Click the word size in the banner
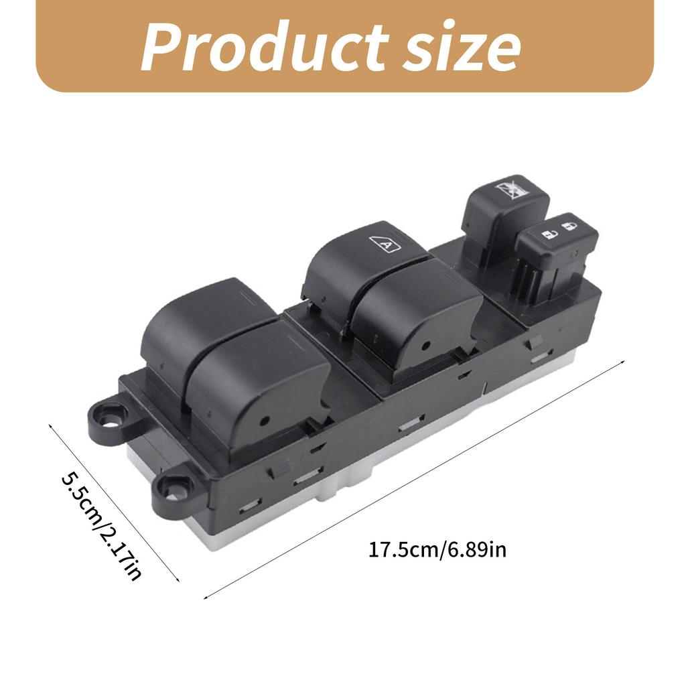(462, 46)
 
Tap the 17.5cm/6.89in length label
(437, 549)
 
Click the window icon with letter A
(385, 244)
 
